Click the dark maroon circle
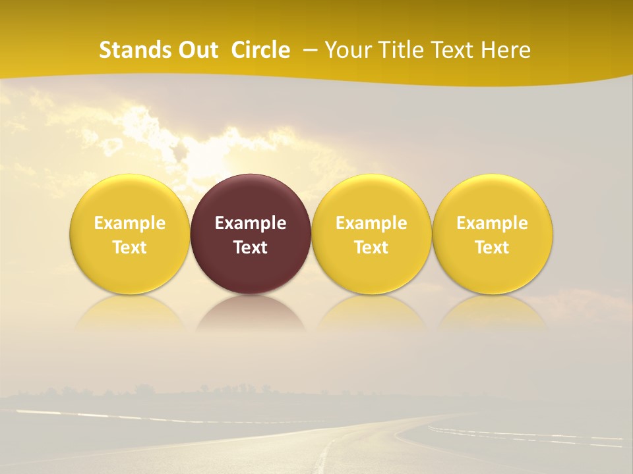(x=251, y=197)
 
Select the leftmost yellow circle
(x=130, y=197)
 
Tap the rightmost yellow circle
(x=493, y=197)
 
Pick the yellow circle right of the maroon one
(x=371, y=197)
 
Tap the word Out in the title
(x=196, y=50)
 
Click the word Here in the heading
(x=506, y=50)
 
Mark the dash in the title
(x=311, y=51)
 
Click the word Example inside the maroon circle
(x=251, y=223)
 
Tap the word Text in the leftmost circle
(x=130, y=248)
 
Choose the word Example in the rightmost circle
(x=493, y=223)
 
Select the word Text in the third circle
(x=371, y=248)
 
